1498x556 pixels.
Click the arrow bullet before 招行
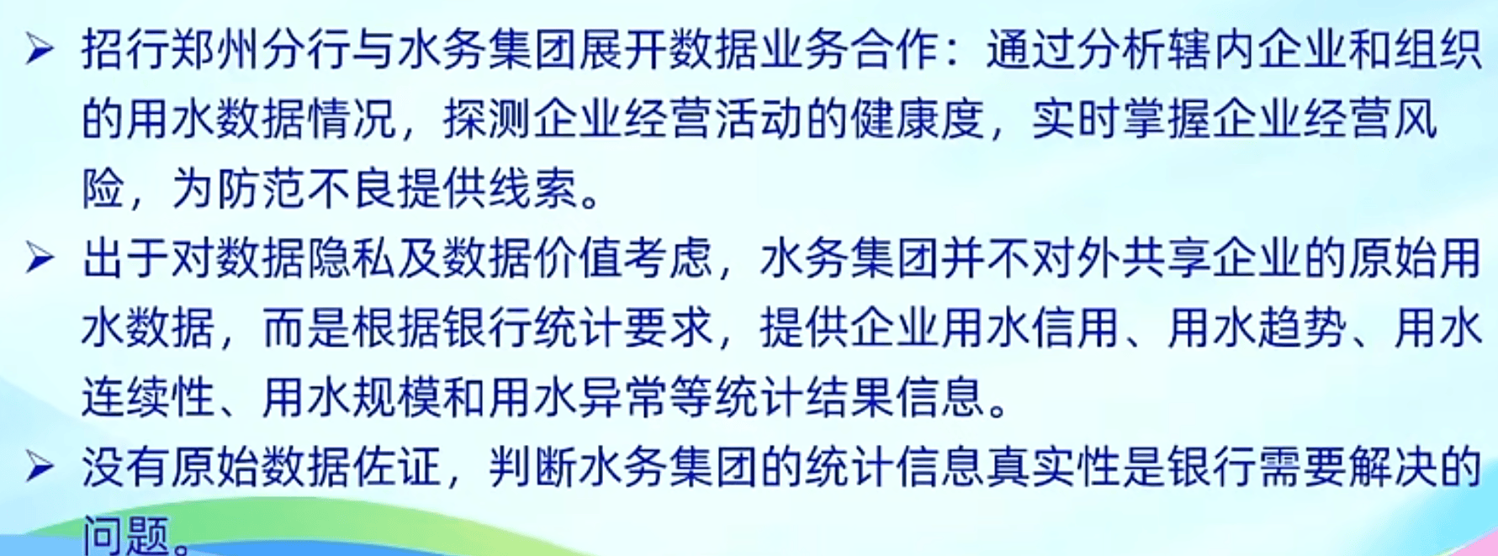point(40,50)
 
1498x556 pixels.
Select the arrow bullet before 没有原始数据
point(40,466)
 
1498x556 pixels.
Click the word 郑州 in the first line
point(216,50)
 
